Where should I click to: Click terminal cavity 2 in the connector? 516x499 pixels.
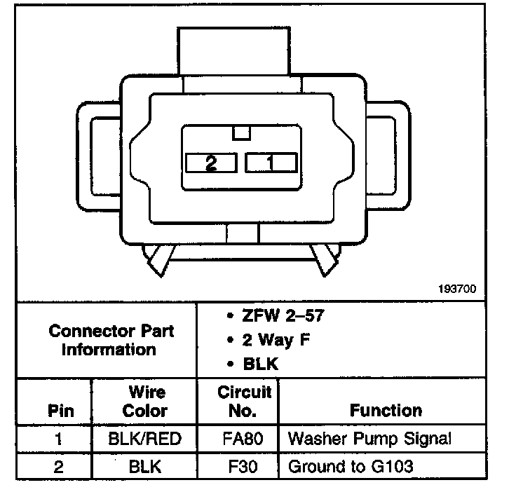(211, 163)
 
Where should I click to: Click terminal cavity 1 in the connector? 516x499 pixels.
(270, 163)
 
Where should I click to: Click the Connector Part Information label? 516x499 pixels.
(111, 339)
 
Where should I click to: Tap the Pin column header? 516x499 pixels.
(60, 411)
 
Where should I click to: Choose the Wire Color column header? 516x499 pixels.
(145, 402)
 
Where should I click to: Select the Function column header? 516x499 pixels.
(386, 411)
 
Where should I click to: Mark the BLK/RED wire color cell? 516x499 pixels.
(145, 439)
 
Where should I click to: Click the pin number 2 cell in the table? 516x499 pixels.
(60, 465)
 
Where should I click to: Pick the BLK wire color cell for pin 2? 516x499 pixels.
(145, 465)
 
